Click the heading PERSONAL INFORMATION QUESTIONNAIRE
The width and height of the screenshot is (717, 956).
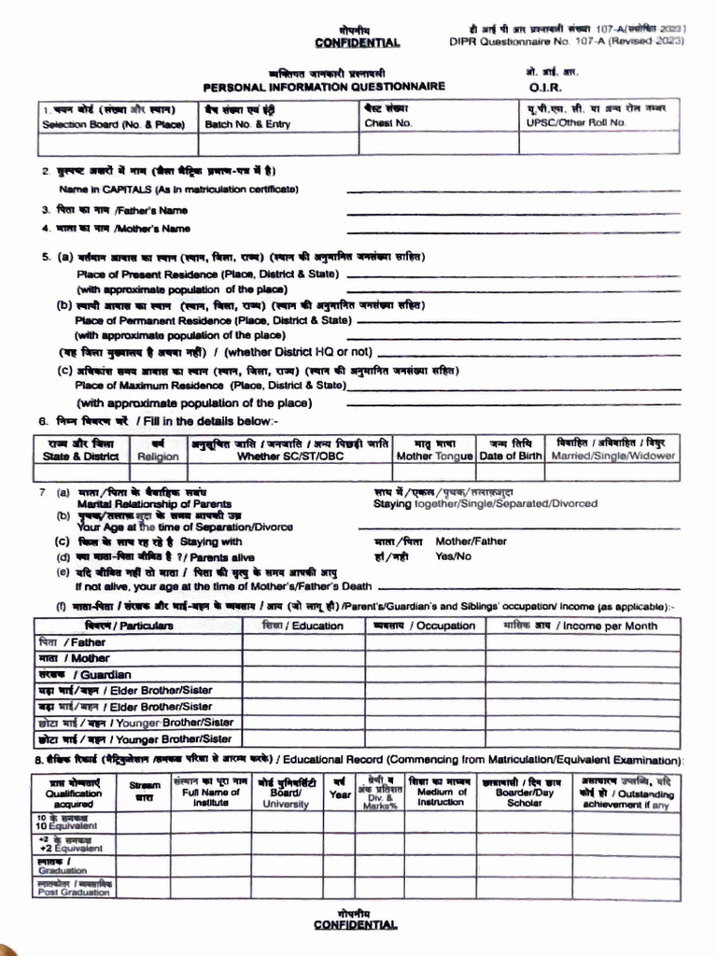(x=324, y=86)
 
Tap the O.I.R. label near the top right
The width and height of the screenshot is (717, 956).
(x=543, y=87)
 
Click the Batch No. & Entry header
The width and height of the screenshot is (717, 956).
(x=247, y=123)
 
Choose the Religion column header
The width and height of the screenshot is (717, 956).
(x=158, y=457)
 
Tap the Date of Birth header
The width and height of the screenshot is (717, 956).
(x=511, y=457)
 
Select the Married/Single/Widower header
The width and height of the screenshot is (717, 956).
(x=614, y=457)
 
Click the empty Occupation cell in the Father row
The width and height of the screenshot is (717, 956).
(x=425, y=642)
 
